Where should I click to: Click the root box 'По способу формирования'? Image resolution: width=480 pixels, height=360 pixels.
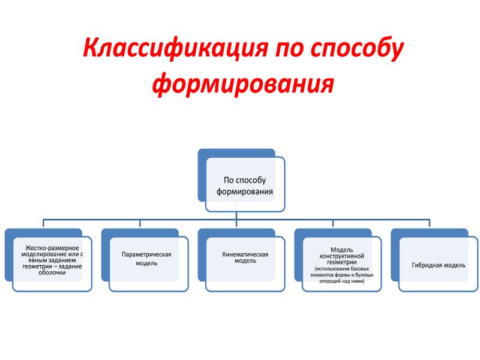(244, 185)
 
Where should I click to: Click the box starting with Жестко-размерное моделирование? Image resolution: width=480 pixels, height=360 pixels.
(50, 260)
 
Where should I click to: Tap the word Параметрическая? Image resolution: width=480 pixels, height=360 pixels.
(146, 254)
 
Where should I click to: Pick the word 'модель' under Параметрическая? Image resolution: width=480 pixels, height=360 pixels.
(146, 263)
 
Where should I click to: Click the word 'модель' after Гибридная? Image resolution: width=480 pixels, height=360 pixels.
(454, 265)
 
